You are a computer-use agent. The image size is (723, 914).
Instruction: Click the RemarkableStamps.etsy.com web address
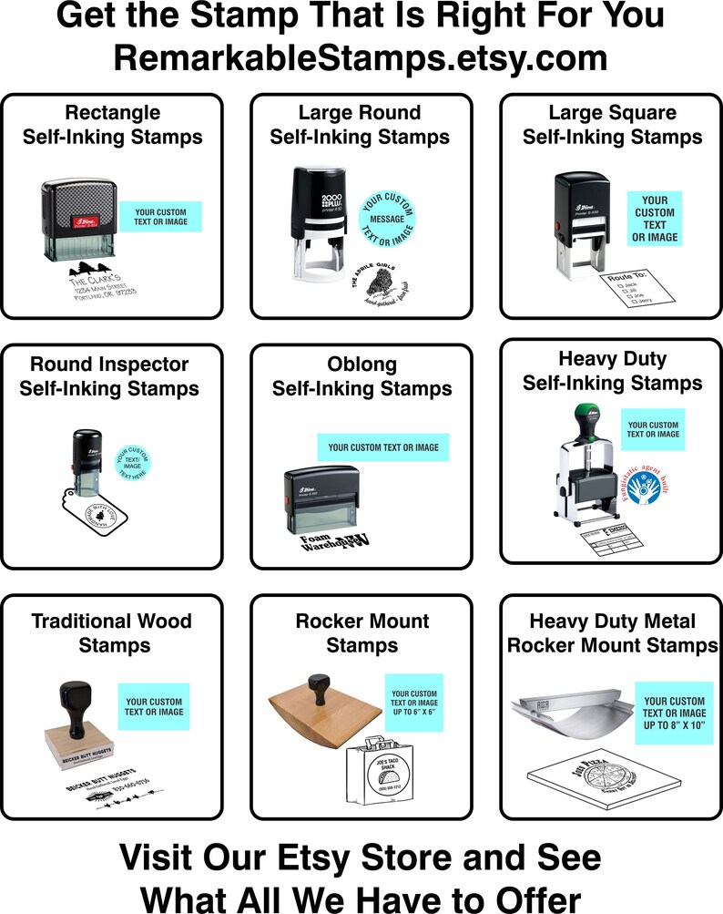[361, 56]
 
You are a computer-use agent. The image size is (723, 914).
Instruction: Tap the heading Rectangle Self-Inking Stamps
[113, 125]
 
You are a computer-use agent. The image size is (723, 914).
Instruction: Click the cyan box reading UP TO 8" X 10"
[674, 707]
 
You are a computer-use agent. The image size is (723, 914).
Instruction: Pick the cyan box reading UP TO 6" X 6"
[413, 703]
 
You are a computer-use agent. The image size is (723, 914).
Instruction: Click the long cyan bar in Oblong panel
[383, 447]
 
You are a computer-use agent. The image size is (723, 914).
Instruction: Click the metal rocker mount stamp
[570, 716]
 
